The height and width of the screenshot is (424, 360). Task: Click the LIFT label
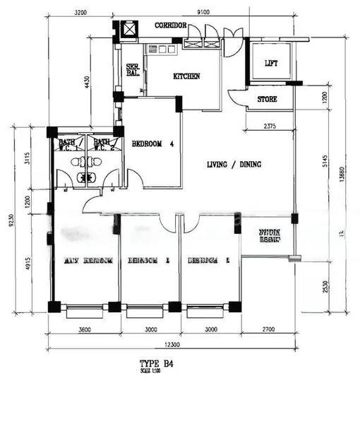(271, 64)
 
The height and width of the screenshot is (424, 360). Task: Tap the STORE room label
(267, 99)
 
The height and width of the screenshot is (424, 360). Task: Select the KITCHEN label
(186, 76)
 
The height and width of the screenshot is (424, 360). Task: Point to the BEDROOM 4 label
(152, 143)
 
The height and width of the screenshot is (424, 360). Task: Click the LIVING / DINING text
(234, 165)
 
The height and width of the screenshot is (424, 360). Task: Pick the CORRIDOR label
(170, 25)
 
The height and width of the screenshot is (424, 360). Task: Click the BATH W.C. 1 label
(68, 144)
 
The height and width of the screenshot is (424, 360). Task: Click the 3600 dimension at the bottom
(85, 329)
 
